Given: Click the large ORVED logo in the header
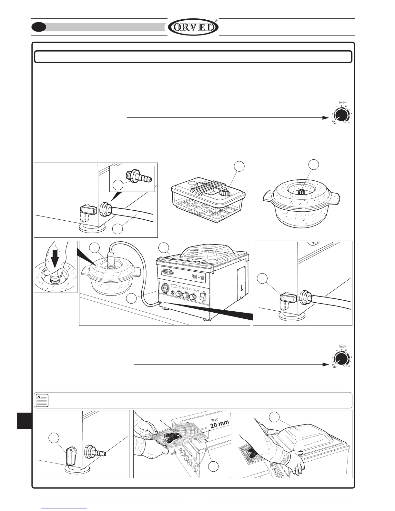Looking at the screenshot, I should point(193,27).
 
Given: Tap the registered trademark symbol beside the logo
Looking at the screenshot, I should point(216,20).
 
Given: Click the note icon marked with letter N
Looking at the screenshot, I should point(42,400).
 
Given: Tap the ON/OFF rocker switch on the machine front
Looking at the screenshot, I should point(203,296).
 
